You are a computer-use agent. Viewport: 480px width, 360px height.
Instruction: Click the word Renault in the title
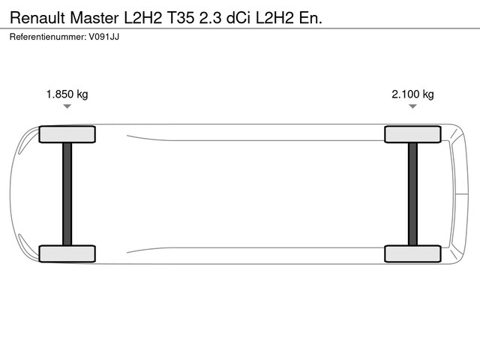pyautogui.click(x=38, y=18)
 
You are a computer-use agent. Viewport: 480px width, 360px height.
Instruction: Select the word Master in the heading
pyautogui.click(x=94, y=18)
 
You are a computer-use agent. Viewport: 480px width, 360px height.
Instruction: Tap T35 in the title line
pyautogui.click(x=180, y=18)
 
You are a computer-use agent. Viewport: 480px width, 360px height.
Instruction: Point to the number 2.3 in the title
pyautogui.click(x=210, y=18)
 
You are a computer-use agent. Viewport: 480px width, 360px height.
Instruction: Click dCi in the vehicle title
pyautogui.click(x=238, y=18)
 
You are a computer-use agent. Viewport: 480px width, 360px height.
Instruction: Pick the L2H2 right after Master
pyautogui.click(x=142, y=18)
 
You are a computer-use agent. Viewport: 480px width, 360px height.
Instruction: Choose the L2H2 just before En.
pyautogui.click(x=274, y=18)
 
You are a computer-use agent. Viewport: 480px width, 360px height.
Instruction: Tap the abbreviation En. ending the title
pyautogui.click(x=310, y=18)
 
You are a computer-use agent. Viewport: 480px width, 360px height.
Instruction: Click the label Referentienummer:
pyautogui.click(x=48, y=37)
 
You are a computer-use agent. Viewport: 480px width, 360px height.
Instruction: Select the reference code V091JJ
pyautogui.click(x=104, y=37)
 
